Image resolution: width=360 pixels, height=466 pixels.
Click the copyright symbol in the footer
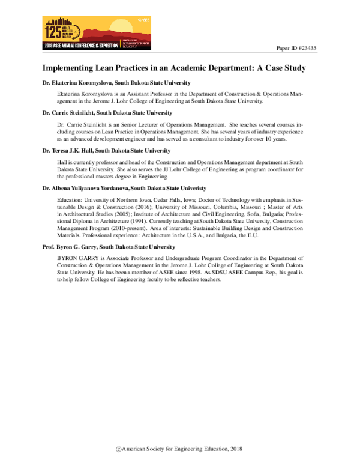119,449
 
